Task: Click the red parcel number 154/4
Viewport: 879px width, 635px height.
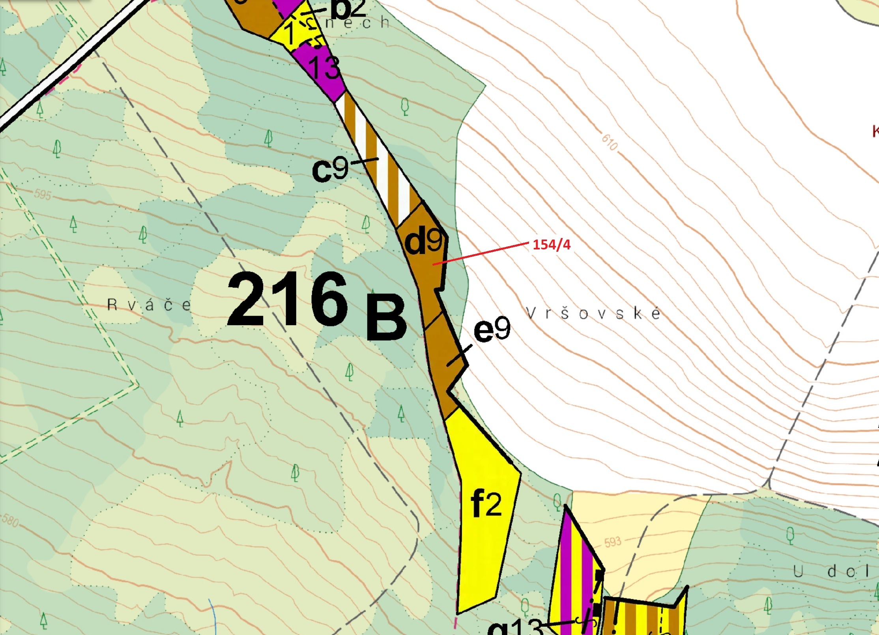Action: click(x=551, y=245)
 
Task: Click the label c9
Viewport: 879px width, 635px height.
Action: click(x=330, y=169)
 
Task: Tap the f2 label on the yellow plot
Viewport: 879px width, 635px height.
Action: click(x=486, y=503)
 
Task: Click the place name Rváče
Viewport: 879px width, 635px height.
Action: click(x=149, y=305)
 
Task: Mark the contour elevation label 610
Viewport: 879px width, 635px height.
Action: click(x=610, y=142)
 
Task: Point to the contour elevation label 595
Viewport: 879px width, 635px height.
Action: click(x=42, y=195)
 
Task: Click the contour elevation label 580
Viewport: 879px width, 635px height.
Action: click(x=10, y=520)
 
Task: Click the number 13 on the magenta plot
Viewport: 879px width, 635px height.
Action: click(x=324, y=67)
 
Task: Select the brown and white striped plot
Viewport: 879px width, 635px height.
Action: click(x=379, y=158)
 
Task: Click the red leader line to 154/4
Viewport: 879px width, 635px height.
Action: click(x=481, y=254)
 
